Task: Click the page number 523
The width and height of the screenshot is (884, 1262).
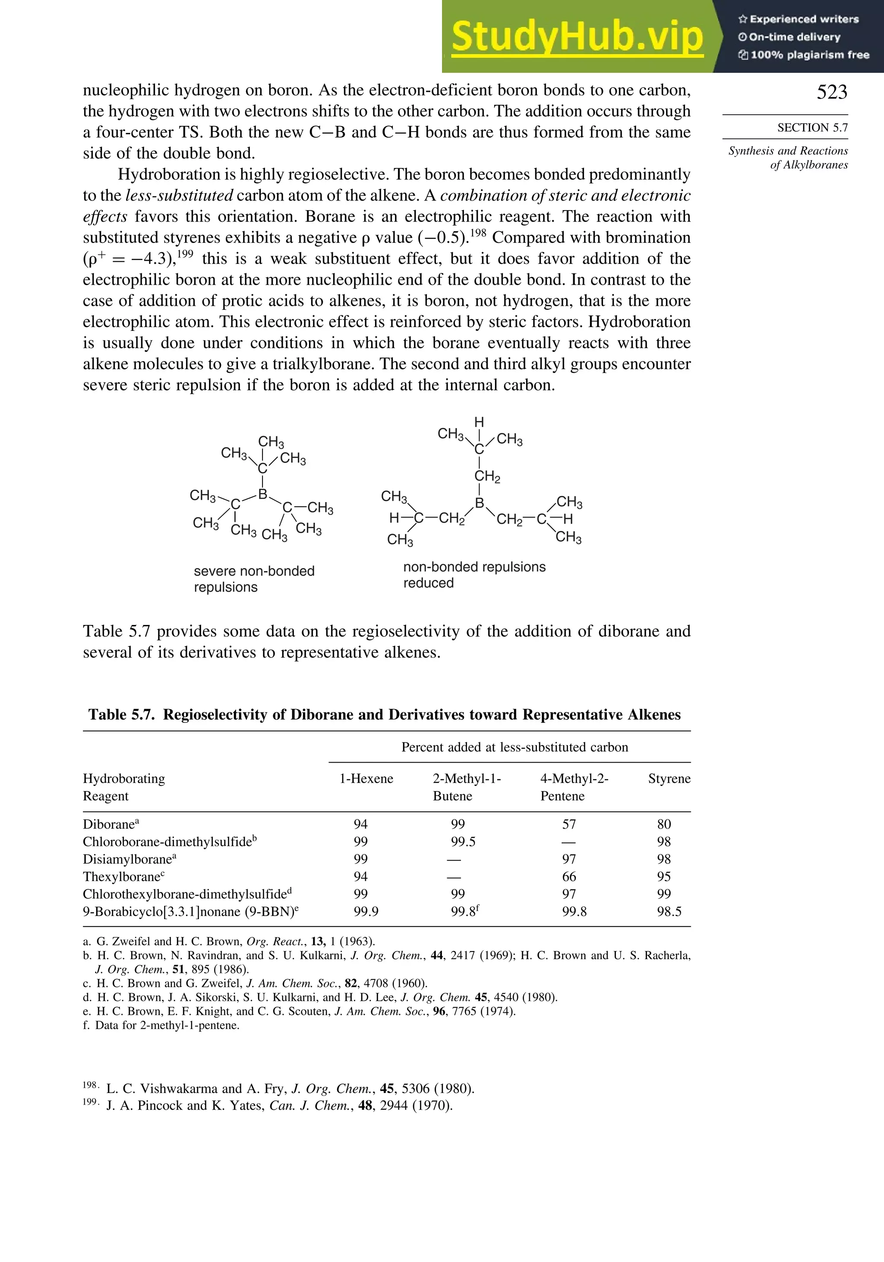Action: click(831, 92)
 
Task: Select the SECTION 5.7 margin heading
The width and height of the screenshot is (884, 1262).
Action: click(812, 128)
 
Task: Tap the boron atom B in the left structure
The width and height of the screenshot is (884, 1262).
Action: click(263, 494)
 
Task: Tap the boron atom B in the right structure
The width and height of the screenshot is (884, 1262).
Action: click(480, 502)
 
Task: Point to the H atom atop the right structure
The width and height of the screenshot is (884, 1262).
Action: click(479, 422)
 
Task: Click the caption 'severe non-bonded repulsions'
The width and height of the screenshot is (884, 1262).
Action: click(254, 579)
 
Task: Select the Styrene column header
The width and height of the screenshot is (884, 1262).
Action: click(669, 779)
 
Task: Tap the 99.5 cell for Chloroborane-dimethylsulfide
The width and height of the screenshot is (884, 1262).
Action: click(463, 841)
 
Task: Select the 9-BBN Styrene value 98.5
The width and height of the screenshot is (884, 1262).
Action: click(669, 911)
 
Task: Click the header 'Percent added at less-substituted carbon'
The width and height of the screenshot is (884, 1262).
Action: click(515, 747)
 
